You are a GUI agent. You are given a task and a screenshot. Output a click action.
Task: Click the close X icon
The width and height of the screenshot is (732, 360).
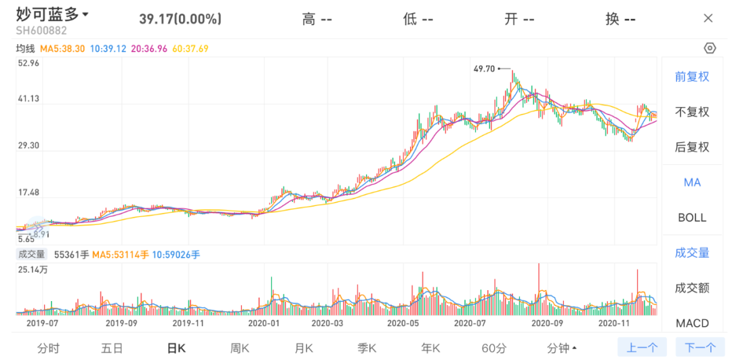708,18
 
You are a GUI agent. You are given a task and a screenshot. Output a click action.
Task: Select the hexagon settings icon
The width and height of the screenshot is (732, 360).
710,48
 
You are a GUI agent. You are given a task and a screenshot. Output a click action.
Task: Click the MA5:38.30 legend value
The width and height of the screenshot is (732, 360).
62,48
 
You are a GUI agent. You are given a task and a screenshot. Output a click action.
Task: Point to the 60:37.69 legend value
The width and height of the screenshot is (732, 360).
190,48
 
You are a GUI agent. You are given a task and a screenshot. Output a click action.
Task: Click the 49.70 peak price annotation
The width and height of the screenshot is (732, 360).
485,68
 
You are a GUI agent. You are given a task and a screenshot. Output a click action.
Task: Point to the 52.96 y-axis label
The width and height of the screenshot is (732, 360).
28,63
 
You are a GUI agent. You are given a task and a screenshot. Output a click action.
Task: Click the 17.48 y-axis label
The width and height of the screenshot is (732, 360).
28,193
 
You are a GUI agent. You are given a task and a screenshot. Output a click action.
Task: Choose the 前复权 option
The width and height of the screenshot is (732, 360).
692,77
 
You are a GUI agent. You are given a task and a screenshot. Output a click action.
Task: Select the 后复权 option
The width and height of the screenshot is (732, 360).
692,147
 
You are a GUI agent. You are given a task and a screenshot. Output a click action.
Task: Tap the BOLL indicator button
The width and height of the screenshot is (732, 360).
692,218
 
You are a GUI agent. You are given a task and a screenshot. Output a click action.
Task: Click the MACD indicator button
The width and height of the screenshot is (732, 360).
692,323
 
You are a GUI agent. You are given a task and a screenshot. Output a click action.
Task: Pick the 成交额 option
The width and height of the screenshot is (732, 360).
692,287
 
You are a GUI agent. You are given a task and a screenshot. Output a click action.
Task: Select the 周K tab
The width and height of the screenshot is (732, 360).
240,348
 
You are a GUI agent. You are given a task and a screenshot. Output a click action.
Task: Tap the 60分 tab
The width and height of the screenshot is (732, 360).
494,348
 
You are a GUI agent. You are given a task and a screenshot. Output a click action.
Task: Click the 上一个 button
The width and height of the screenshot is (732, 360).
641,348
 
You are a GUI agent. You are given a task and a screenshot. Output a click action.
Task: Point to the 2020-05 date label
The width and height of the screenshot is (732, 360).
403,323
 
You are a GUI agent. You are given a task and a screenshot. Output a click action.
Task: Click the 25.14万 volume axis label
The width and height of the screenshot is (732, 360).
33,270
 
